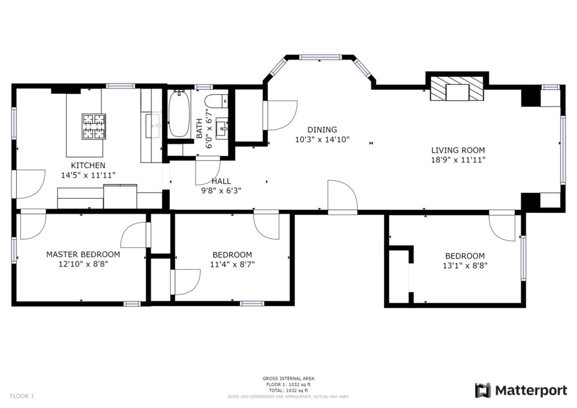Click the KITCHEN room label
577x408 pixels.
coord(88,166)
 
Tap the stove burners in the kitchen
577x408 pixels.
coord(94,126)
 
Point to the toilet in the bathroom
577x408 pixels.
coord(216,101)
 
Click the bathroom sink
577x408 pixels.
coord(222,128)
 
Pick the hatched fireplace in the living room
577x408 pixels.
coord(457,89)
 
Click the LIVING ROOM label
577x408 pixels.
coord(458,150)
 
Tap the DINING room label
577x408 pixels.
coord(322,130)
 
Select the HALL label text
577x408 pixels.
coord(221,181)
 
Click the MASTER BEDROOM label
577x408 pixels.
coord(83,255)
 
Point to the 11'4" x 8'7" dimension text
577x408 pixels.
coord(233,264)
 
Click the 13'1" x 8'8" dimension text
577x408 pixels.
coord(465,266)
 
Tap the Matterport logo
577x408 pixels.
coord(521,390)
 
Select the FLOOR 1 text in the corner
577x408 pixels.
coord(22,396)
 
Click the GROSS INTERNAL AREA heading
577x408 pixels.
coord(288,378)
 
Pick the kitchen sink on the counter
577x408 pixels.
coord(153,126)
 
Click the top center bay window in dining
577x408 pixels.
coord(320,57)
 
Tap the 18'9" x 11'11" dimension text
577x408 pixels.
coord(458,160)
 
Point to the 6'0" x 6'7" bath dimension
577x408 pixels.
coord(210,128)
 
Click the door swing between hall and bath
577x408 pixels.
coord(208,171)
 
